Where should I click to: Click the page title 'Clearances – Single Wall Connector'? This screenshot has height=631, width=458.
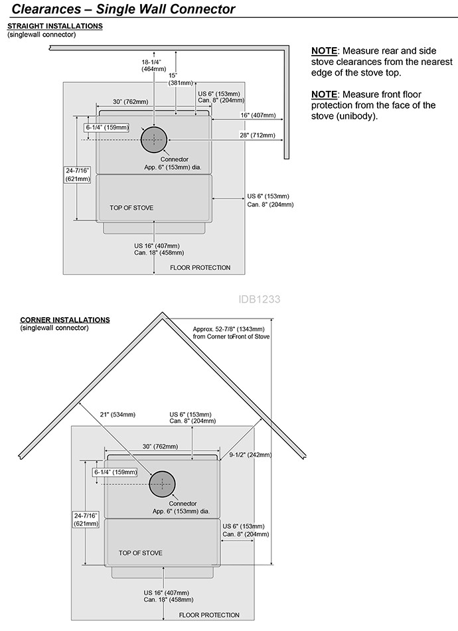click(x=123, y=9)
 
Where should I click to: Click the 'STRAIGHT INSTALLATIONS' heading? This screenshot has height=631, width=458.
click(x=55, y=26)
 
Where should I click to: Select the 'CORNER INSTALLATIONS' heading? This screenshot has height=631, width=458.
click(x=65, y=320)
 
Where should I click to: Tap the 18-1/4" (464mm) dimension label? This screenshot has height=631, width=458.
click(x=151, y=66)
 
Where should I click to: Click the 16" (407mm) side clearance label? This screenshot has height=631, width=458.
click(x=258, y=115)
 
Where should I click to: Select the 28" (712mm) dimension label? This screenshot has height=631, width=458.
click(x=258, y=135)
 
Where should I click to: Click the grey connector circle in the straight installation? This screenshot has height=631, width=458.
click(x=154, y=139)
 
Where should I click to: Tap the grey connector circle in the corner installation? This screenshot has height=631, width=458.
click(x=162, y=484)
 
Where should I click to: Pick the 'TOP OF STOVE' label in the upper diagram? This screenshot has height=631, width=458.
click(x=131, y=208)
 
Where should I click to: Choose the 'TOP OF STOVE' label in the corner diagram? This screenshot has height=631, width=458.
click(x=141, y=553)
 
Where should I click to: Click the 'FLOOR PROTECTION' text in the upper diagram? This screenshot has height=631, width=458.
click(x=200, y=267)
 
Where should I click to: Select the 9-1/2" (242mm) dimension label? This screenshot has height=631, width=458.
click(x=250, y=455)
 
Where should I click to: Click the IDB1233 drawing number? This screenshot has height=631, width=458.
click(x=259, y=299)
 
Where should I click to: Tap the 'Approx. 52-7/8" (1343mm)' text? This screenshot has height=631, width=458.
click(x=228, y=330)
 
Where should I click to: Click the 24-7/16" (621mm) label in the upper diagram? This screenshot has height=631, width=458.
click(x=78, y=175)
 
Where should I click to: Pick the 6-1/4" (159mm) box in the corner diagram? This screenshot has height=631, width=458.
click(x=115, y=472)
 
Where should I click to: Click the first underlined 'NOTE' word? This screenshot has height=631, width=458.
click(x=324, y=51)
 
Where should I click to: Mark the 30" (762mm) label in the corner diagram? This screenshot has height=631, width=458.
click(x=160, y=447)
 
